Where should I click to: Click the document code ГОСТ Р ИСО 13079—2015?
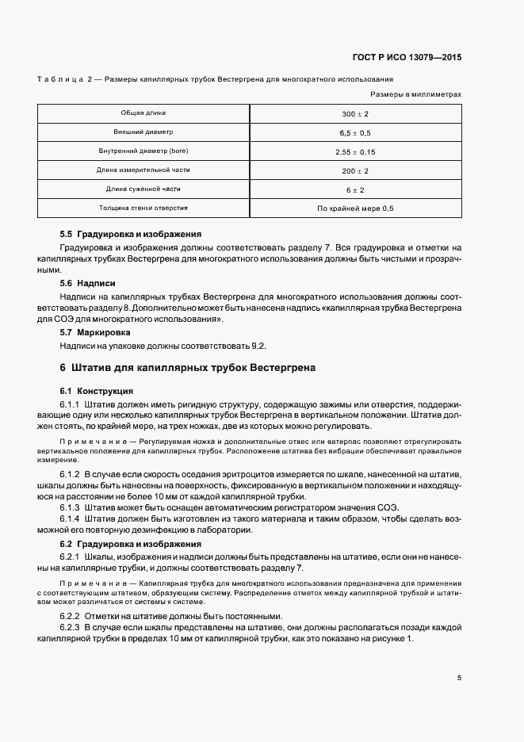(x=407, y=57)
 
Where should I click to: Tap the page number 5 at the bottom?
(x=459, y=678)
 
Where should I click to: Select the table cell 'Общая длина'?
(x=143, y=113)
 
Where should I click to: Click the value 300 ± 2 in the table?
(x=355, y=114)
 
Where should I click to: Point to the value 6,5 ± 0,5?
(x=355, y=133)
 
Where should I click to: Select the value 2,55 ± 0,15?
(x=355, y=152)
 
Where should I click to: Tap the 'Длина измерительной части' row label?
(x=143, y=170)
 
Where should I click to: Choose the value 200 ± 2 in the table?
(x=355, y=171)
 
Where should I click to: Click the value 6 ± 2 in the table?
(x=355, y=190)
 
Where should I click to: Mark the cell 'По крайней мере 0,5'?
(x=355, y=209)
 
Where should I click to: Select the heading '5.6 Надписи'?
(x=88, y=283)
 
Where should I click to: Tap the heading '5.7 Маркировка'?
(x=95, y=333)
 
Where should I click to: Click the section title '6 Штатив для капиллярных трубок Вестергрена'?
(x=187, y=369)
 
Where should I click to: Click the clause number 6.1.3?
(x=72, y=508)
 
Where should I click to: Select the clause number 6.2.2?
(x=72, y=617)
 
